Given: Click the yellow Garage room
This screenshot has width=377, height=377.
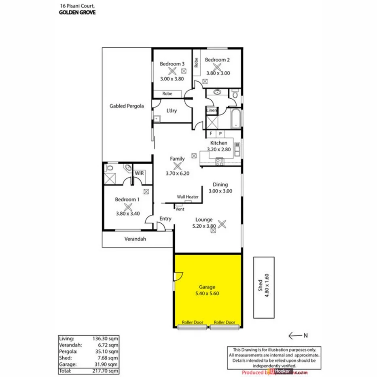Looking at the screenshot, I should (x=208, y=291).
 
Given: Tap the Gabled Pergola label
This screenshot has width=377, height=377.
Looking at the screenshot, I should (x=127, y=106).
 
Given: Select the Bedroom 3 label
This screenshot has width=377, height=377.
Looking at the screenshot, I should (x=172, y=64).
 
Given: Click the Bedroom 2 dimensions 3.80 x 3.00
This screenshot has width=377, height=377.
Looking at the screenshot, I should (x=218, y=73).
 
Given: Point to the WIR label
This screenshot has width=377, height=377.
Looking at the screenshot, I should (x=140, y=173).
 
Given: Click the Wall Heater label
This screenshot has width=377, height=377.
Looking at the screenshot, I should (x=188, y=197).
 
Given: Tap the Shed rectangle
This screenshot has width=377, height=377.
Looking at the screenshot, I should (x=264, y=287).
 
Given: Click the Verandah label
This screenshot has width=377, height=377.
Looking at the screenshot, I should (x=135, y=239).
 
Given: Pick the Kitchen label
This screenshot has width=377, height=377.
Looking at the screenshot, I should (x=218, y=143).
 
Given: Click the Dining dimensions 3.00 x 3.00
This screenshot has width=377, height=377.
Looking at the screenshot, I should (x=220, y=191).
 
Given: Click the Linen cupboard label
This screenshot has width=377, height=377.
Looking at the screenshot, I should (x=211, y=110).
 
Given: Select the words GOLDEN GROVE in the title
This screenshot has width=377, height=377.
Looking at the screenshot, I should (x=77, y=12).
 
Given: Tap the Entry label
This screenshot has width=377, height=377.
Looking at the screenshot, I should (x=165, y=219).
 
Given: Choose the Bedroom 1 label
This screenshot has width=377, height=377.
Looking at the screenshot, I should (x=127, y=199).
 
